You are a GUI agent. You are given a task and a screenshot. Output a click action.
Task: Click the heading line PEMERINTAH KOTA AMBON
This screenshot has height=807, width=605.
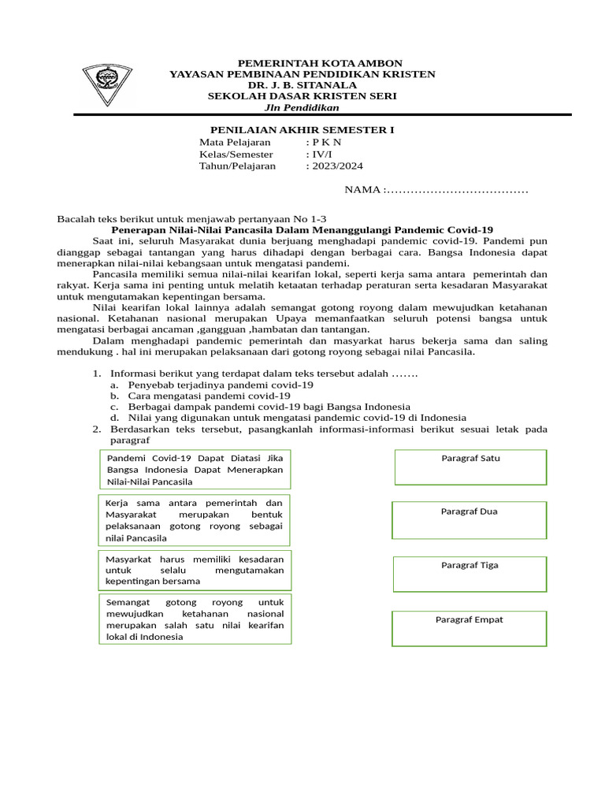click(x=302, y=62)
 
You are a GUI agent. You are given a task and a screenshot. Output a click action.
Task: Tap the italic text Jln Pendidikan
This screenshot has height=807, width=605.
click(x=302, y=107)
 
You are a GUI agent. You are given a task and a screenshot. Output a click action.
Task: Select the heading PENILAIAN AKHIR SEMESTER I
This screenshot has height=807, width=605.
click(x=302, y=129)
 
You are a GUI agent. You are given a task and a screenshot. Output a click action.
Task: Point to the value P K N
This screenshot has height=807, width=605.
click(x=327, y=143)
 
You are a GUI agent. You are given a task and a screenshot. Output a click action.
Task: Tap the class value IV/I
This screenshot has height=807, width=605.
click(x=322, y=154)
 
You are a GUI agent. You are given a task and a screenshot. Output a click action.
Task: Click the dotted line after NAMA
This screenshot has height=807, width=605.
click(x=456, y=190)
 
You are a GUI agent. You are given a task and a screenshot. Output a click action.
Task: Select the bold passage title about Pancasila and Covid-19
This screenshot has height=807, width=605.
click(x=302, y=229)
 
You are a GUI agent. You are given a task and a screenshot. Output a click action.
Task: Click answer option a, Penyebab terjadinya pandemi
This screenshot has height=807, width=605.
click(x=221, y=385)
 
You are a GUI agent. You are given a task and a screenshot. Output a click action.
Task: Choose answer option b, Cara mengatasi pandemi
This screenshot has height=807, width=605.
click(x=209, y=396)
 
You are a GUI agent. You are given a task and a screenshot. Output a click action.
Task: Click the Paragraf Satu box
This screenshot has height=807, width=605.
click(x=470, y=467)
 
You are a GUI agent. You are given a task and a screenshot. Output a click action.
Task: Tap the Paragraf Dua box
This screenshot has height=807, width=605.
click(x=470, y=520)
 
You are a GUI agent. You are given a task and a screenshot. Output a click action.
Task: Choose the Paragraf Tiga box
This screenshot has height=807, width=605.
click(x=470, y=574)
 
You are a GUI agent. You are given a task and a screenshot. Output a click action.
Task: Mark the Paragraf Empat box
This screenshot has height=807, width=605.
click(x=470, y=628)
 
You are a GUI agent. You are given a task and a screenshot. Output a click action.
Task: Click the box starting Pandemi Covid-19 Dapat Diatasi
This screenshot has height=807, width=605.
click(x=195, y=469)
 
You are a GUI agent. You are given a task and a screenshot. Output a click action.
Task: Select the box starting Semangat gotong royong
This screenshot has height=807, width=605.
click(x=195, y=619)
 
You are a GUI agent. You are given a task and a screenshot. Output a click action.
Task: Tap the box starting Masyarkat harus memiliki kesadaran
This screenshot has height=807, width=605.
click(x=195, y=570)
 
